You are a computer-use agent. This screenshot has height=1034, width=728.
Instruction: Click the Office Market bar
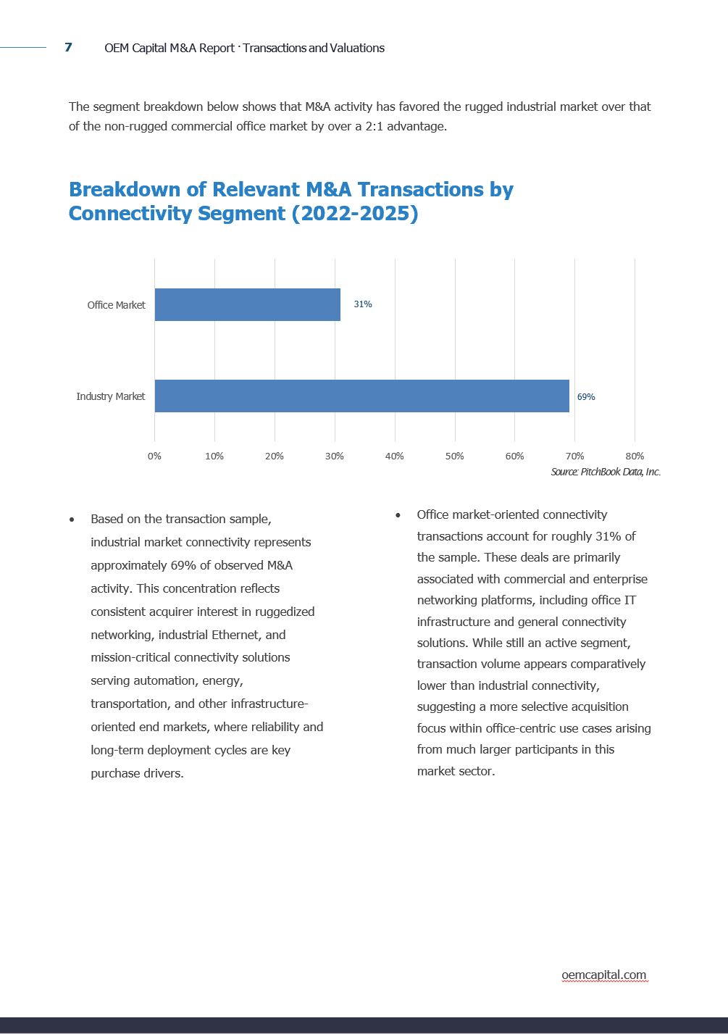coord(247,304)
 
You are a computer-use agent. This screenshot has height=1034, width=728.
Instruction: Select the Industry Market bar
coord(361,396)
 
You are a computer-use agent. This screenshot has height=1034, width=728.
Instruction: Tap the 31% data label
coord(362,304)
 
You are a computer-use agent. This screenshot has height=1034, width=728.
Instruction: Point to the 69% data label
coord(585,397)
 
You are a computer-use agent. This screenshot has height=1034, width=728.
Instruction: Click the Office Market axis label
coord(116,305)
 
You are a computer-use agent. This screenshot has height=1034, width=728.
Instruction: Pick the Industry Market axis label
coord(110,396)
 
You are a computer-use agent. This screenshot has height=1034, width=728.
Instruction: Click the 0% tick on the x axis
coord(154,456)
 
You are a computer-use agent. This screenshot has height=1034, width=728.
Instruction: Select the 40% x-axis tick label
coord(394,456)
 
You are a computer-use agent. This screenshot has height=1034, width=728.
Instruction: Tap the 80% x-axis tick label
coord(635,456)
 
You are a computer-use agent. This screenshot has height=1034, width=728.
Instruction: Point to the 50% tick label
coord(454,456)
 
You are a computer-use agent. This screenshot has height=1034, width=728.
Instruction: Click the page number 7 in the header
coord(68,47)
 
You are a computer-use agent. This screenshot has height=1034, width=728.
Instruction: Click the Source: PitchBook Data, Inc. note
coord(606,472)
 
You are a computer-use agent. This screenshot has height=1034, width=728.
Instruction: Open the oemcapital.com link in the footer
coord(603,975)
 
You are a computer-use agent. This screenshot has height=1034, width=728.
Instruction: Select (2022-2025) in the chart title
coord(354,214)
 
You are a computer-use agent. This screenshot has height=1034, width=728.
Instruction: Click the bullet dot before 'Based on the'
coord(72,520)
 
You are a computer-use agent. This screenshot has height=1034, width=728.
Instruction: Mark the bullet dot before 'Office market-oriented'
coord(398,515)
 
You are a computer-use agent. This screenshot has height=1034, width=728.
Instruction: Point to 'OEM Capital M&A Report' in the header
coord(169,48)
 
